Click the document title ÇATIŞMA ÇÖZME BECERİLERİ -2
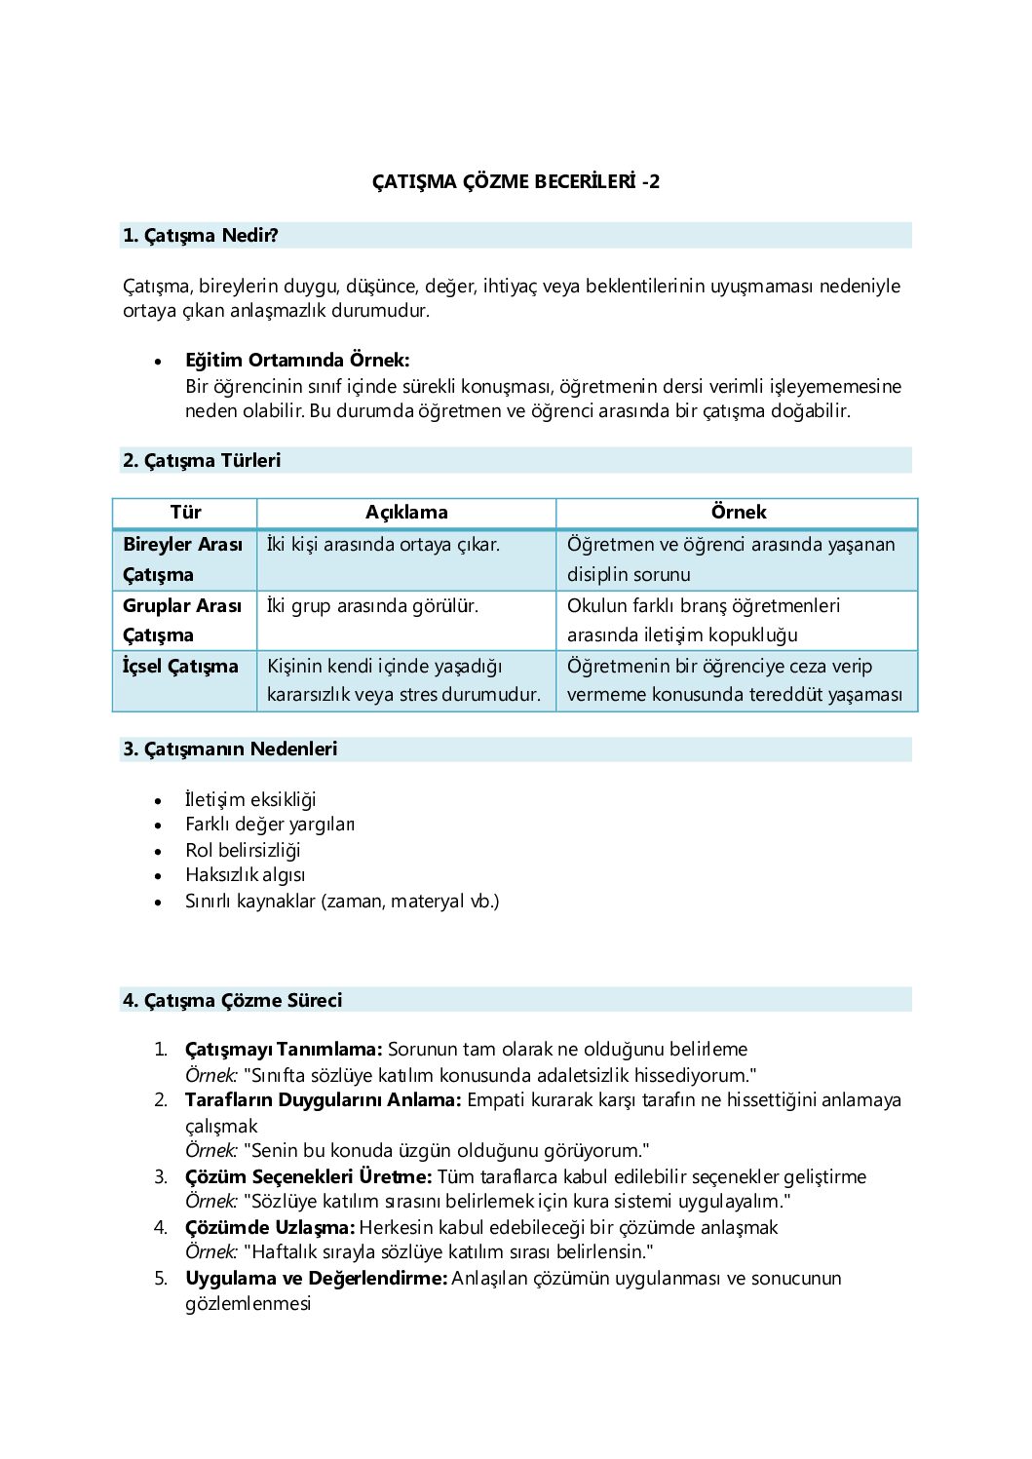pyautogui.click(x=516, y=181)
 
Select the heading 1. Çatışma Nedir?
pyautogui.click(x=201, y=236)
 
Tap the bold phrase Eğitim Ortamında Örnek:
pyautogui.click(x=297, y=360)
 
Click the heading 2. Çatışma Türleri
pyautogui.click(x=202, y=461)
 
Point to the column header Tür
pyautogui.click(x=185, y=513)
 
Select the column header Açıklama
pyautogui.click(x=406, y=513)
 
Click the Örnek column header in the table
pyautogui.click(x=738, y=513)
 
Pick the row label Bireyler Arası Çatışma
pyautogui.click(x=182, y=559)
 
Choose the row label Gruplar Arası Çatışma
pyautogui.click(x=182, y=620)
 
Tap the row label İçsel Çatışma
pyautogui.click(x=180, y=667)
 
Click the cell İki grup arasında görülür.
pyautogui.click(x=373, y=606)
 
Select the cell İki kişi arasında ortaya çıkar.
pyautogui.click(x=383, y=545)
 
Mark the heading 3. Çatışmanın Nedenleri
pyautogui.click(x=230, y=749)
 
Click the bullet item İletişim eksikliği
pyautogui.click(x=250, y=800)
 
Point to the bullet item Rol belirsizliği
pyautogui.click(x=243, y=851)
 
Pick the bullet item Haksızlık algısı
pyautogui.click(x=245, y=875)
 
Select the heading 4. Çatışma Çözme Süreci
pyautogui.click(x=233, y=1001)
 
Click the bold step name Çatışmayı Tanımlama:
pyautogui.click(x=284, y=1050)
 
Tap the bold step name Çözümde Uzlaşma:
pyautogui.click(x=270, y=1228)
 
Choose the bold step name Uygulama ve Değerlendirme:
pyautogui.click(x=316, y=1279)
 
